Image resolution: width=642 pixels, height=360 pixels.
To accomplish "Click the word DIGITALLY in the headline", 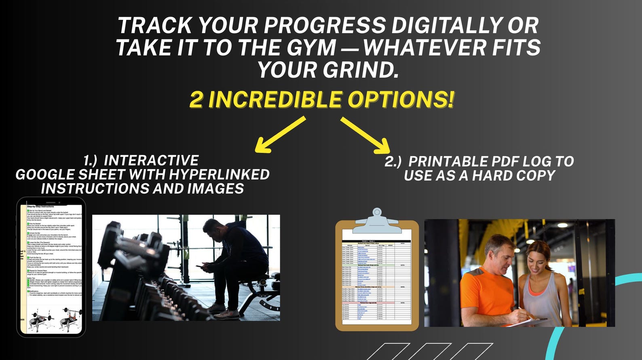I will click(458, 26).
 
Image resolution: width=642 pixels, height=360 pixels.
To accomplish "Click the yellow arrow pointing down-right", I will click(365, 135).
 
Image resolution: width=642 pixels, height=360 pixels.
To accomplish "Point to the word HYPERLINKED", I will click(219, 174).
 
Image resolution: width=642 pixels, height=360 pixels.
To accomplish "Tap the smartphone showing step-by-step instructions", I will click(51, 267).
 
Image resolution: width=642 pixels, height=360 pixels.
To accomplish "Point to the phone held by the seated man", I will click(202, 267).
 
